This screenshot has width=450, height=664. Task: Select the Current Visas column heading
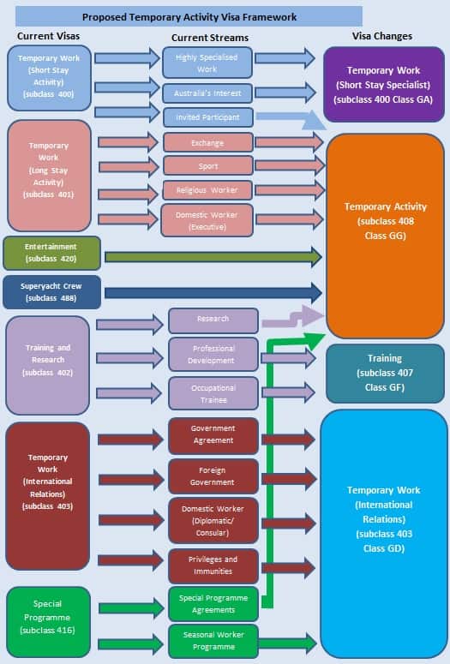48,36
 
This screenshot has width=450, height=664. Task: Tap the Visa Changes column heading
382,36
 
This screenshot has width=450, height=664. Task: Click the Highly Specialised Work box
207,63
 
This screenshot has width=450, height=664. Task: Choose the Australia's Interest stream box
207,92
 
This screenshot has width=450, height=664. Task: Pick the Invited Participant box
207,117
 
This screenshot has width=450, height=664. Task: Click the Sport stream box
207,166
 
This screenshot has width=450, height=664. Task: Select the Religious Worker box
207,189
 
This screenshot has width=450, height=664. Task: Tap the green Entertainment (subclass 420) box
51,253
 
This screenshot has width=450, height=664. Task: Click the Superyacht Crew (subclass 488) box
51,291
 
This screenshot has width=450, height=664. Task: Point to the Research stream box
213,320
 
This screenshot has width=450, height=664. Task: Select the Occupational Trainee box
213,393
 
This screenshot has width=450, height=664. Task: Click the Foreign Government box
213,476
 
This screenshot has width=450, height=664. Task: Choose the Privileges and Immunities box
213,565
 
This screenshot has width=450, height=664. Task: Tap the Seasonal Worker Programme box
213,640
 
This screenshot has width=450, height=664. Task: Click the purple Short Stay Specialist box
384,85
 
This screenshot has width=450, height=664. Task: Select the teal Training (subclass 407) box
384,373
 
